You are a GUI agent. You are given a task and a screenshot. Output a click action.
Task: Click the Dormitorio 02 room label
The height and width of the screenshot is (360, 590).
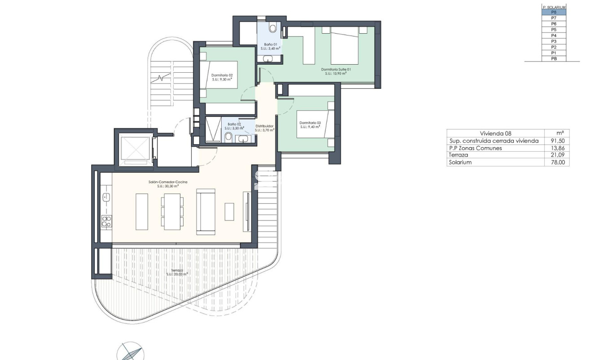click(x=222, y=75)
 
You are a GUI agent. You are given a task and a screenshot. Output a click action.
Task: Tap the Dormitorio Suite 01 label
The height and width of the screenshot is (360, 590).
click(x=336, y=70)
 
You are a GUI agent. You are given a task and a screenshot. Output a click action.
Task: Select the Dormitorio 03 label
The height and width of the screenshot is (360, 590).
click(x=310, y=123)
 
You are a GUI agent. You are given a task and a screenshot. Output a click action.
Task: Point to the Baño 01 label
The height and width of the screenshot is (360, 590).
click(x=270, y=45)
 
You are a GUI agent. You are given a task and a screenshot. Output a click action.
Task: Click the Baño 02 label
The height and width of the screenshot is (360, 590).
click(x=234, y=124)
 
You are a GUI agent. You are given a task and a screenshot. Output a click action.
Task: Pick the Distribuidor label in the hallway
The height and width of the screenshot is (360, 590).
click(x=264, y=126)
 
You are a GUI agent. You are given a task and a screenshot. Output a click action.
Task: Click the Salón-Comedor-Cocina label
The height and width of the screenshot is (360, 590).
click(x=168, y=182)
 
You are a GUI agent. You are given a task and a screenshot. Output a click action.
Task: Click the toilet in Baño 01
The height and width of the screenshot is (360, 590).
click(x=272, y=28)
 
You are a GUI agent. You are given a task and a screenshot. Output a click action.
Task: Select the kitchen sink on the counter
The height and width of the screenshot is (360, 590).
click(x=106, y=197)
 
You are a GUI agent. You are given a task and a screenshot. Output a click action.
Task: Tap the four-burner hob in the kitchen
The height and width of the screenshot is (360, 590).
click(x=106, y=220)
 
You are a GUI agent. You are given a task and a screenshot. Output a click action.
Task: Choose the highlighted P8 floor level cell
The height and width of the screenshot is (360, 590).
click(x=554, y=13)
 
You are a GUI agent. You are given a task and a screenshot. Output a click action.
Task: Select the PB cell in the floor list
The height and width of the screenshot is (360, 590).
click(x=554, y=58)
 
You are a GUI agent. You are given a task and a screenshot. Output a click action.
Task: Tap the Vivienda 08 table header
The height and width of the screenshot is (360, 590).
click(x=495, y=133)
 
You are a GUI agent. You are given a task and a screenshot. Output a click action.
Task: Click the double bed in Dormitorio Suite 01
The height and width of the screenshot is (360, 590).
click(x=345, y=45)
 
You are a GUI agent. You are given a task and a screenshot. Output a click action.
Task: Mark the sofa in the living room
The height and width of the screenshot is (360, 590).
click(x=205, y=211)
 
